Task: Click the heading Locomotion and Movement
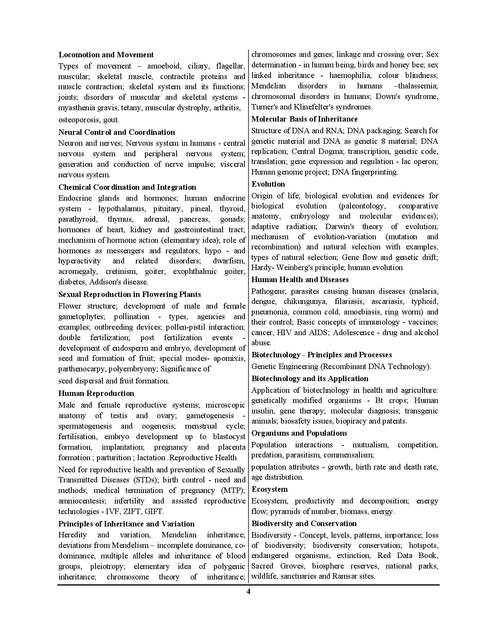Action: (106, 55)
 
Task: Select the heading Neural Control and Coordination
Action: (117, 132)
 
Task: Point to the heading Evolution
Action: (268, 184)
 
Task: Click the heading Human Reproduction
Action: (96, 393)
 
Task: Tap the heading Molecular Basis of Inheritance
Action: (304, 119)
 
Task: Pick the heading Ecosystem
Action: (270, 489)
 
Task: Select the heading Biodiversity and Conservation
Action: (304, 523)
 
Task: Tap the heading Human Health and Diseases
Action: (300, 279)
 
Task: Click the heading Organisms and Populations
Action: (299, 433)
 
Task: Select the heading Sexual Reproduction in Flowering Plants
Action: (130, 294)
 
